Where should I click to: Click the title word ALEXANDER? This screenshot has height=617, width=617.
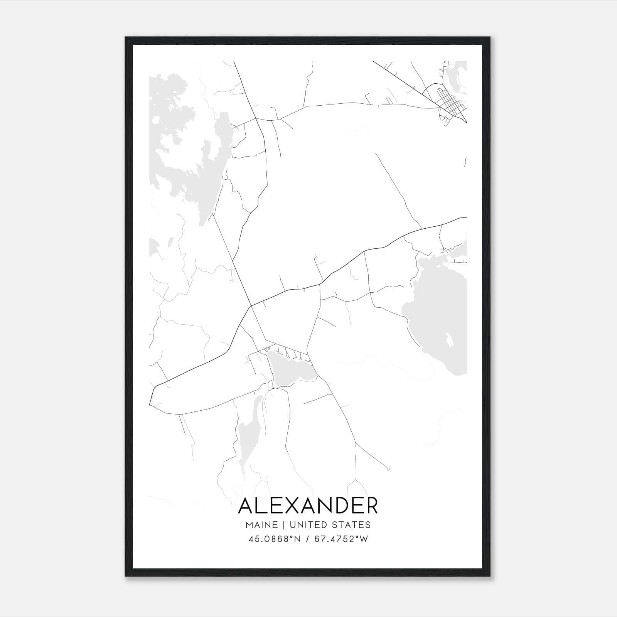[x=308, y=506]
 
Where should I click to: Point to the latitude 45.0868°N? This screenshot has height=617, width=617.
[x=274, y=539]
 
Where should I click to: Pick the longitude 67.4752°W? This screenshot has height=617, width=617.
[x=341, y=539]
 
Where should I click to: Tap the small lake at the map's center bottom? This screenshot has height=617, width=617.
[x=289, y=368]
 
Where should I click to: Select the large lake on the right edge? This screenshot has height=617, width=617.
[x=440, y=320]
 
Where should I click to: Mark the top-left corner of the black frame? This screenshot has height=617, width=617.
[x=126, y=37]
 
